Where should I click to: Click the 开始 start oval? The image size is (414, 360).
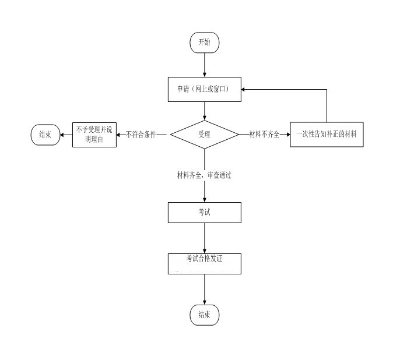pyautogui.click(x=204, y=42)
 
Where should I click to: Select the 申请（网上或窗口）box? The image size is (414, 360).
pyautogui.click(x=204, y=89)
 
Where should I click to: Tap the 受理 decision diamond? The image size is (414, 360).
pyautogui.click(x=204, y=135)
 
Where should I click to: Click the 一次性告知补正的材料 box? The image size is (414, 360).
pyautogui.click(x=327, y=135)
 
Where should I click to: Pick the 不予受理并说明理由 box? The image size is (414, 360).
pyautogui.click(x=94, y=135)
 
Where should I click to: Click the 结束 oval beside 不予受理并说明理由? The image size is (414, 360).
pyautogui.click(x=45, y=135)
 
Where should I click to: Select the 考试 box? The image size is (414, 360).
pyautogui.click(x=204, y=213)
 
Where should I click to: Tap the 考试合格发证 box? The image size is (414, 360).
pyautogui.click(x=204, y=263)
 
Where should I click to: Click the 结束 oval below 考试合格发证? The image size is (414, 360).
pyautogui.click(x=204, y=315)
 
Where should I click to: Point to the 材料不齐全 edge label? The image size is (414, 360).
pyautogui.click(x=264, y=135)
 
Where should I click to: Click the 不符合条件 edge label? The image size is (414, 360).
pyautogui.click(x=141, y=135)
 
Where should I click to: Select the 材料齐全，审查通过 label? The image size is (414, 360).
pyautogui.click(x=204, y=175)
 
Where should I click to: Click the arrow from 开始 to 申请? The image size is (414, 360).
pyautogui.click(x=204, y=64)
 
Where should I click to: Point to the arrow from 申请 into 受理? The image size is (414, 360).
pyautogui.click(x=204, y=111)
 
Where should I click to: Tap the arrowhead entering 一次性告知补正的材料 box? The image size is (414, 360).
pyautogui.click(x=287, y=135)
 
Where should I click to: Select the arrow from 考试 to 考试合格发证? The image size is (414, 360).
pyautogui.click(x=204, y=238)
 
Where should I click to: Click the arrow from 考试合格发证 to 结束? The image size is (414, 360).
pyautogui.click(x=204, y=290)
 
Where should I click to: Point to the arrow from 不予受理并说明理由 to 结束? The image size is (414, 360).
pyautogui.click(x=65, y=135)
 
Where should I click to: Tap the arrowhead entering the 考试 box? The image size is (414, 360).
pyautogui.click(x=204, y=199)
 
